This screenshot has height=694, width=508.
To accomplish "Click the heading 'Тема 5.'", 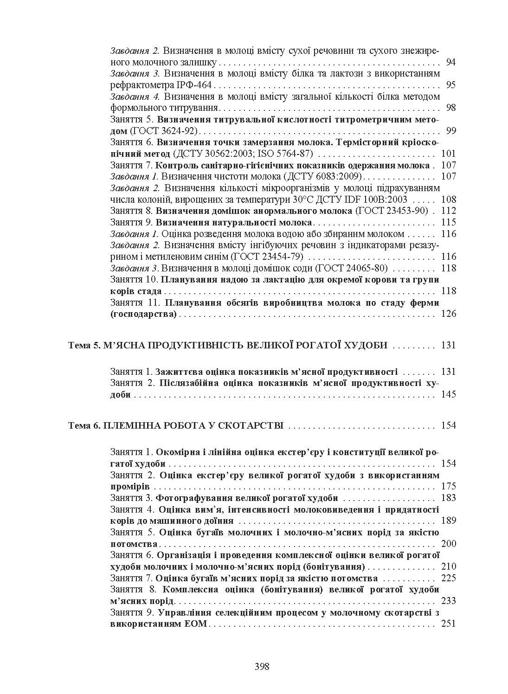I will click(x=83, y=346).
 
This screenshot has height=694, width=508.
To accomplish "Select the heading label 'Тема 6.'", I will click(x=83, y=425).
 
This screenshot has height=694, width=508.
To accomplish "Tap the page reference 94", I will click(x=450, y=62).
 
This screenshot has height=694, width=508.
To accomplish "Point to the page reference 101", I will click(x=449, y=154).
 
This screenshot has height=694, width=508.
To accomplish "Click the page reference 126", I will click(x=449, y=314).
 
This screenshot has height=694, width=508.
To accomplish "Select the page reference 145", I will click(x=449, y=394).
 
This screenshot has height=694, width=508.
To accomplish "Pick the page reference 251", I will click(x=449, y=624).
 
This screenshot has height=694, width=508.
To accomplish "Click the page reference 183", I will click(x=449, y=498).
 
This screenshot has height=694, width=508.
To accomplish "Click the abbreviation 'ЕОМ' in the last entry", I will click(x=197, y=624).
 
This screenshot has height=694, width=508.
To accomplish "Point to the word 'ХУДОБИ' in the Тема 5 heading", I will click(x=364, y=346).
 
